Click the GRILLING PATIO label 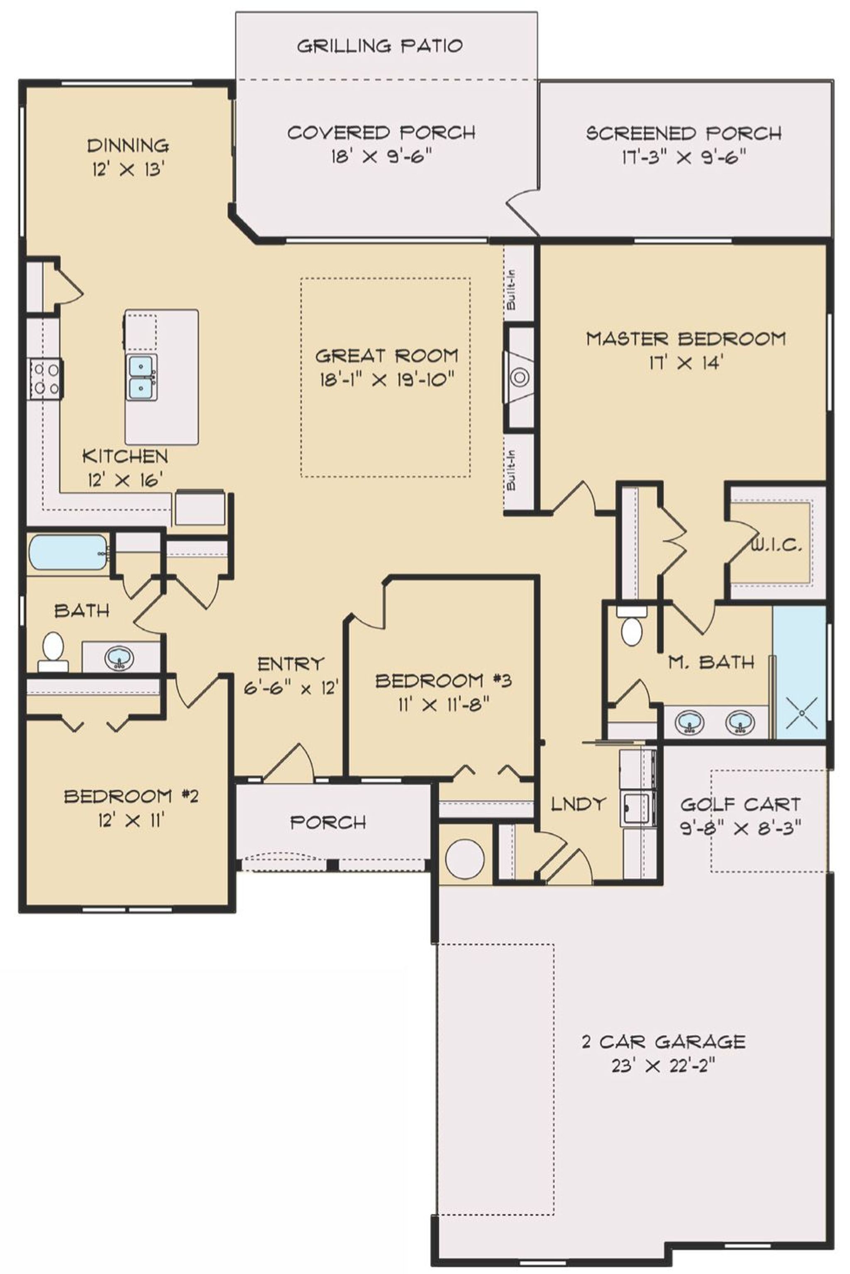tap(379, 46)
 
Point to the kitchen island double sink tap(142, 378)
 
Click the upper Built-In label tap(510, 290)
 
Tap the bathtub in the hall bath tap(68, 552)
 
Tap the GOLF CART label tap(740, 804)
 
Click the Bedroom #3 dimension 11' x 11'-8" tap(443, 705)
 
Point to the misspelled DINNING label tap(128, 145)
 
